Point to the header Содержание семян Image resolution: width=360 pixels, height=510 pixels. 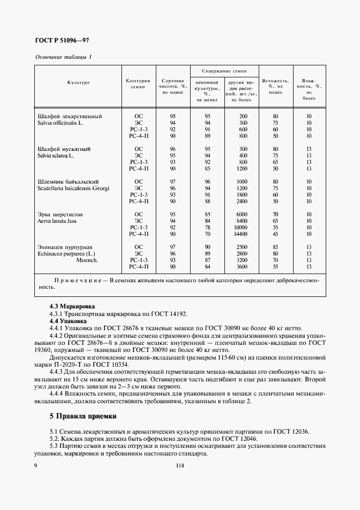click(x=224, y=71)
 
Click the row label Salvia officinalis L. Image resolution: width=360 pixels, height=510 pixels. click(x=60, y=123)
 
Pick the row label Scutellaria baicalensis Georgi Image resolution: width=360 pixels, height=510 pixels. click(x=73, y=188)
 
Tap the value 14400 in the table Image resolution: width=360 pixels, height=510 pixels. click(x=240, y=234)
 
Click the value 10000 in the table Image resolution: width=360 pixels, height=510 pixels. click(x=240, y=227)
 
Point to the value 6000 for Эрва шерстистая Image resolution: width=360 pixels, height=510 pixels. click(x=241, y=214)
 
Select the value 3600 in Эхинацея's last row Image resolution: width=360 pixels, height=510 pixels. click(x=241, y=266)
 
